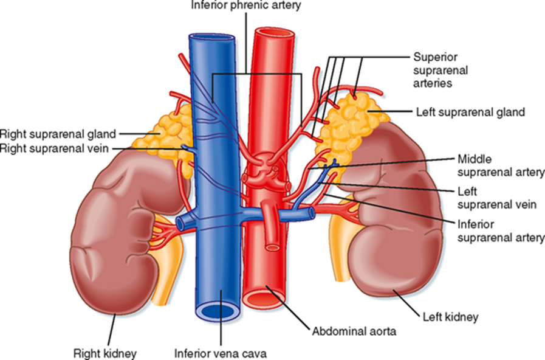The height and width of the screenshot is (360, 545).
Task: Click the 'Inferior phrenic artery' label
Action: click(245, 5)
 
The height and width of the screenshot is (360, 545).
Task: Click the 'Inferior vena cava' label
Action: click(220, 351)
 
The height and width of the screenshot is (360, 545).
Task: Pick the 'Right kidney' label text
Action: click(105, 351)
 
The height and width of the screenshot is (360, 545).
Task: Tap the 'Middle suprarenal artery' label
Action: click(500, 165)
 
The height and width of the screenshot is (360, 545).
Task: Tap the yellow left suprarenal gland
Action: click(352, 122)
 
